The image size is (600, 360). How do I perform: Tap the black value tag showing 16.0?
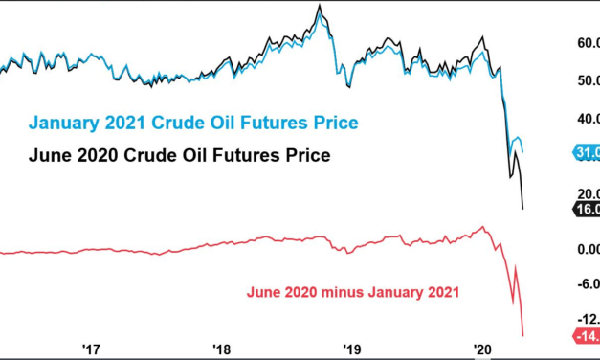(x=586, y=210)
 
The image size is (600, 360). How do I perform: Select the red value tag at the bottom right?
(x=586, y=335)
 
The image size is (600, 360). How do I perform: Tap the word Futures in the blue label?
(x=258, y=124)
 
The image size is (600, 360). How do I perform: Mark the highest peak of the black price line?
(x=319, y=6)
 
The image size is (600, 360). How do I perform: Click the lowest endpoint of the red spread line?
(x=523, y=335)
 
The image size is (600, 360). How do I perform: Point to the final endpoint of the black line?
(x=522, y=209)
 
